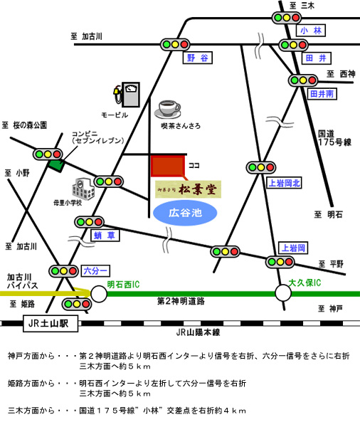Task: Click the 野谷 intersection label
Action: [197, 58]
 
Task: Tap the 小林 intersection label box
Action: [311, 31]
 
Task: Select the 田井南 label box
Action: [322, 94]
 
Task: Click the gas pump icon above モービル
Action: [127, 95]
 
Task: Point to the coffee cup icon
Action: [168, 110]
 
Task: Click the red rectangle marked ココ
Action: [168, 166]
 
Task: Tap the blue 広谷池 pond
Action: [185, 213]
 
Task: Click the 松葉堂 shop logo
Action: [188, 189]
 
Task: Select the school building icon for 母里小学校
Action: [83, 189]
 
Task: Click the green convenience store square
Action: [56, 166]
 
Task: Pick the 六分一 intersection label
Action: [95, 270]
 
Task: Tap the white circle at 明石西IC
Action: [99, 294]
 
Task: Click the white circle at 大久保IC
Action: [283, 293]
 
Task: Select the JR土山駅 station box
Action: [51, 324]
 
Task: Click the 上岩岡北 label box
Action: [285, 183]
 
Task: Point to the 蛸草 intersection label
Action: [105, 236]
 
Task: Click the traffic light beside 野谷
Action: [175, 44]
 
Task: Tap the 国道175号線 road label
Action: [334, 138]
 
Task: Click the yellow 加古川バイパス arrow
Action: [46, 293]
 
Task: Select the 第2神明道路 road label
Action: [181, 301]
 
